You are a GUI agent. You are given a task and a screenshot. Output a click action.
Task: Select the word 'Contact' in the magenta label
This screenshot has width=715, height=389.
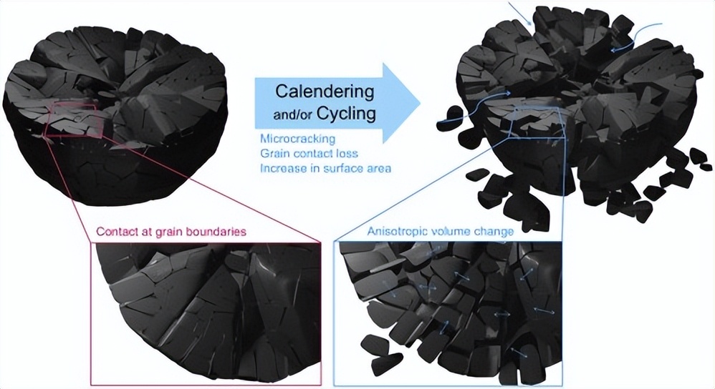115,232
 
